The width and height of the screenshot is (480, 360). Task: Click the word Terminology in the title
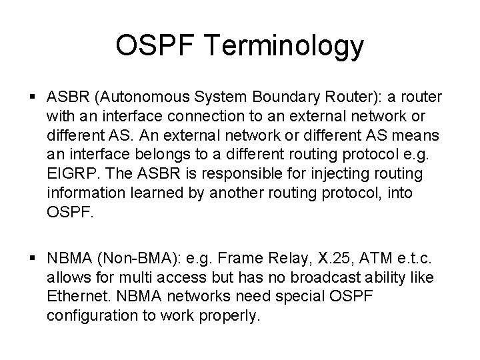291,47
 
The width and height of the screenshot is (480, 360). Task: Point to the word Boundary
299,98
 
